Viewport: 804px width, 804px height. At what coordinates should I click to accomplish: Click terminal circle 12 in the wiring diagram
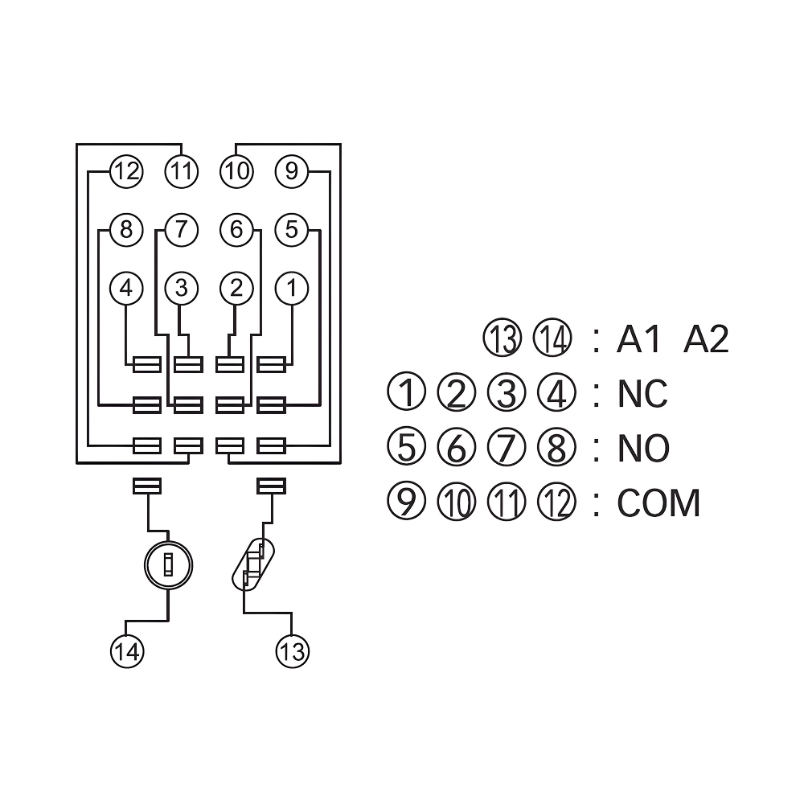(x=126, y=171)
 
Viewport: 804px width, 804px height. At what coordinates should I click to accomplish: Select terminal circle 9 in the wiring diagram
(x=291, y=171)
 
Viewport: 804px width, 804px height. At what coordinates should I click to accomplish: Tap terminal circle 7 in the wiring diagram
(x=181, y=230)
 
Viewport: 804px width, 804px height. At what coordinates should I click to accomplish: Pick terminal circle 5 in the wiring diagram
(x=291, y=230)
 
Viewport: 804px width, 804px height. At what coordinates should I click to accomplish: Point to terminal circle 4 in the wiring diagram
(x=126, y=288)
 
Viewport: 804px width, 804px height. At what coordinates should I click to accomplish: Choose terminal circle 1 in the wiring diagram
(x=291, y=288)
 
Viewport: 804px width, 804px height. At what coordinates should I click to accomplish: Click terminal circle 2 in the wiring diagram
(x=236, y=288)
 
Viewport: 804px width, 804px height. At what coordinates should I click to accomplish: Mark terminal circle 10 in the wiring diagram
(x=236, y=171)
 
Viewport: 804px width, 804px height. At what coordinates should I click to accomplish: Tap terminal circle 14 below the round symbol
(x=126, y=650)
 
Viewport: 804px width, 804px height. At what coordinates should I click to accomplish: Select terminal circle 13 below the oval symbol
(x=293, y=650)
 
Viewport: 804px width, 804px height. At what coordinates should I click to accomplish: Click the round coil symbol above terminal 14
(x=168, y=565)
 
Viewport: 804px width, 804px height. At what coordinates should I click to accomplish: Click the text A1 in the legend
(x=639, y=340)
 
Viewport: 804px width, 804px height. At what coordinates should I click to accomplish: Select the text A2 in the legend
(x=706, y=340)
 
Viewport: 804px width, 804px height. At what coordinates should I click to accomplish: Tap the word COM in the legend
(x=658, y=503)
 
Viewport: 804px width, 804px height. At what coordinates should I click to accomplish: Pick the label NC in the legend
(x=642, y=395)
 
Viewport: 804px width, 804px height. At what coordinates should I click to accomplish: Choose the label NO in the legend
(x=643, y=449)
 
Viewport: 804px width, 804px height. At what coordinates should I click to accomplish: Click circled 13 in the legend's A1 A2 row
(x=503, y=339)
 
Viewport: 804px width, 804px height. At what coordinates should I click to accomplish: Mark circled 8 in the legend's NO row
(x=556, y=448)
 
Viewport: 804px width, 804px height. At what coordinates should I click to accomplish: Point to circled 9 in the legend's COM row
(x=405, y=503)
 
